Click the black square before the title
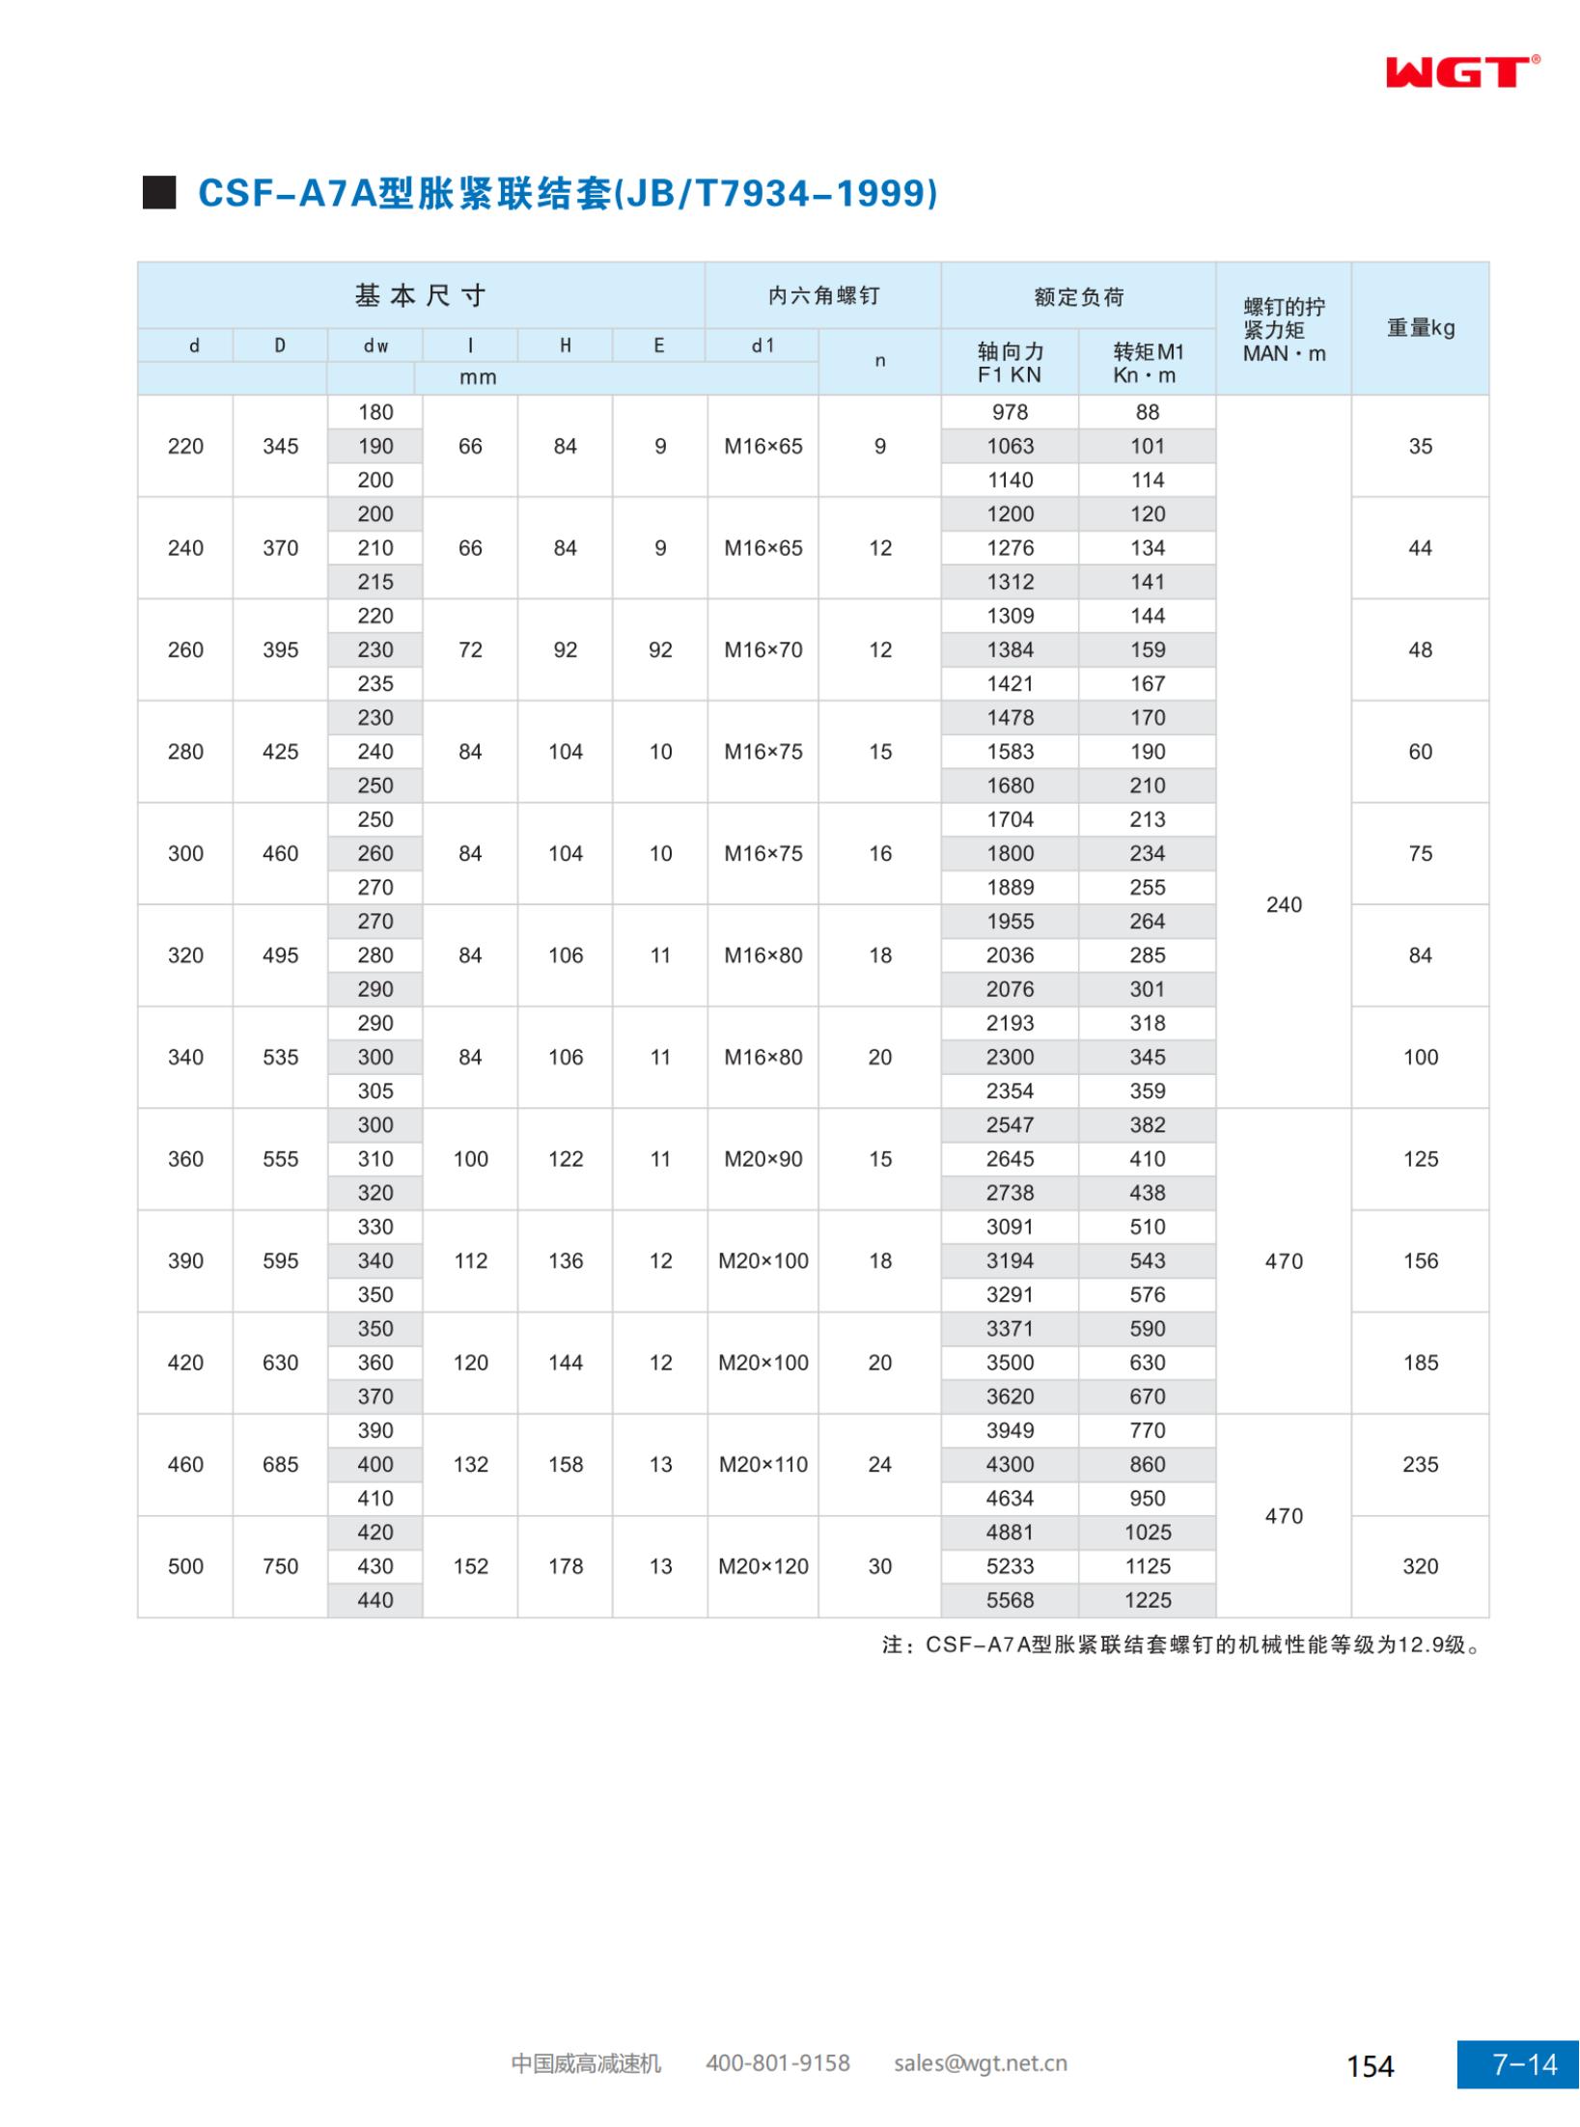159,193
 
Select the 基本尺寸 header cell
420,295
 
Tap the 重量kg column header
1420,328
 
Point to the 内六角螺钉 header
823,296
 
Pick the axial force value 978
1010,412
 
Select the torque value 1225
1148,1600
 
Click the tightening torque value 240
1284,904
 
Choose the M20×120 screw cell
763,1566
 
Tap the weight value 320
1420,1566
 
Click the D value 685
280,1464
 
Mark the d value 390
185,1260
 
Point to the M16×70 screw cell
763,649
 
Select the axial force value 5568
1010,1600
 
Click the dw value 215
375,582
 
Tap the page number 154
1371,2066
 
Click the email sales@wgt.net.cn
981,2063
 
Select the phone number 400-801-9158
778,2063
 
